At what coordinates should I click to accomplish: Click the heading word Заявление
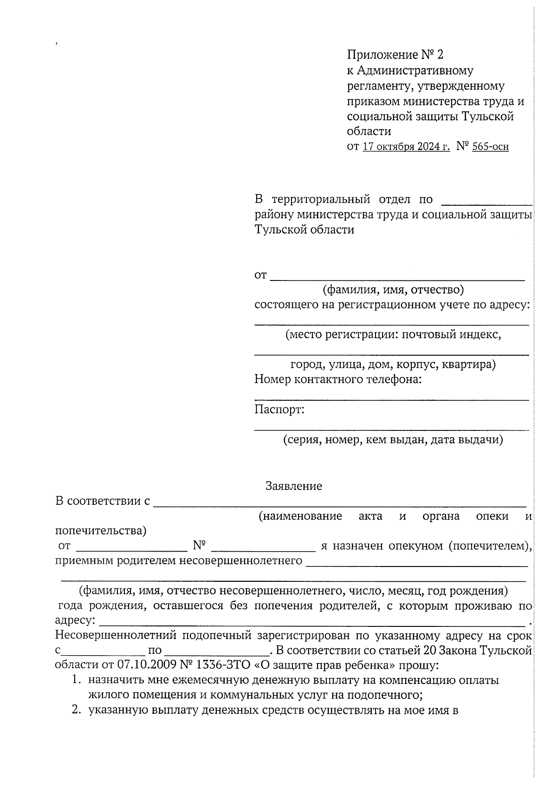tap(293, 486)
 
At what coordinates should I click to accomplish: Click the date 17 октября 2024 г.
tap(406, 147)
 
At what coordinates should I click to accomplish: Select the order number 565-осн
tap(490, 147)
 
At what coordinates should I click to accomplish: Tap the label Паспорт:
tap(279, 410)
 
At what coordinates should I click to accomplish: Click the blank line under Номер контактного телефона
tap(391, 399)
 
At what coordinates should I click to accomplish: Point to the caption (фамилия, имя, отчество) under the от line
tap(393, 290)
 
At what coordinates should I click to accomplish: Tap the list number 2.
tap(76, 710)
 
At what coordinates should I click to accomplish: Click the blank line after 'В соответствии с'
tap(339, 505)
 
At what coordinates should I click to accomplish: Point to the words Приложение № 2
tap(395, 55)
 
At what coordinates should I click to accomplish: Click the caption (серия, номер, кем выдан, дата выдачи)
tap(393, 439)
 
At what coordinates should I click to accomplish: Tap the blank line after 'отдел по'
tap(486, 203)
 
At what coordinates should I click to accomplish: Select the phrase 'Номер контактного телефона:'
tap(338, 379)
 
